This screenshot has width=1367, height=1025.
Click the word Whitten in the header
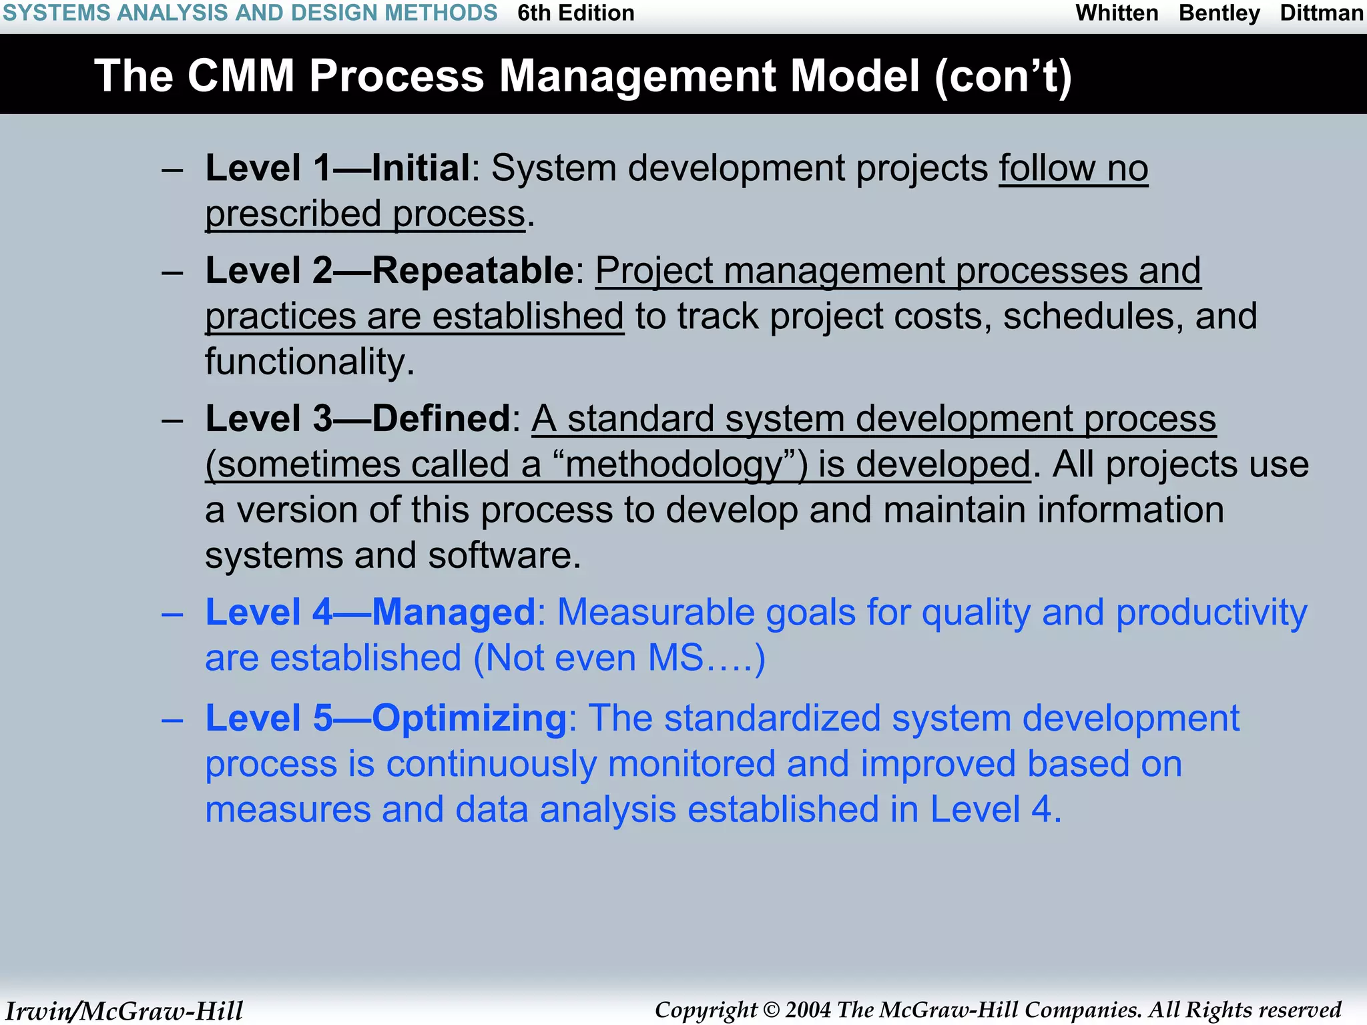(1117, 13)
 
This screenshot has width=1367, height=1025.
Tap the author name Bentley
(1219, 13)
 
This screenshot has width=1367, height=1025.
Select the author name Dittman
(1321, 13)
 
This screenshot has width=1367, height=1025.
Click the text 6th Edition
(575, 13)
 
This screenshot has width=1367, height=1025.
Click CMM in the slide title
(240, 75)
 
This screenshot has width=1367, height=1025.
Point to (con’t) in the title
(1003, 77)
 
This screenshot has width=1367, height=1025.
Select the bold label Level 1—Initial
(338, 168)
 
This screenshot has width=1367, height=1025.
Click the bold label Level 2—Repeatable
(389, 271)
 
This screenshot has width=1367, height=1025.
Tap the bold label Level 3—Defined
(358, 419)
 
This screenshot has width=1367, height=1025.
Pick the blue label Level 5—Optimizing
(386, 719)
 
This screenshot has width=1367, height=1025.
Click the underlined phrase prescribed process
(365, 215)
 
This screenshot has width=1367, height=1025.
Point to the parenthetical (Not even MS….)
(619, 659)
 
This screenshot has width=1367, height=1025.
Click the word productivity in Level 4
(1211, 613)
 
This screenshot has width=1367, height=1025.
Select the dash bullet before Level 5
(172, 720)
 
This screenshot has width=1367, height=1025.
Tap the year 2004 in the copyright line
(808, 1010)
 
